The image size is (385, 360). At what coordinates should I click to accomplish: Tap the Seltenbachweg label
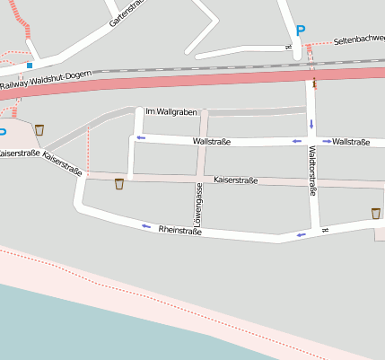[358, 40]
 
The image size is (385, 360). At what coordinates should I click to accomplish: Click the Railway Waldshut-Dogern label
[46, 82]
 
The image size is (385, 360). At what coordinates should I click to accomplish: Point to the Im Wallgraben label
[165, 111]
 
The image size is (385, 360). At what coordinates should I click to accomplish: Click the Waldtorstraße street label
[313, 170]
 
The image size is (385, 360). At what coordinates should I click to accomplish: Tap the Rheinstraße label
[179, 231]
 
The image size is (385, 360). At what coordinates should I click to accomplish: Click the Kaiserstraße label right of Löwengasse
[235, 180]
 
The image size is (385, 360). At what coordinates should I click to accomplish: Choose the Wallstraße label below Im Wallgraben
[212, 141]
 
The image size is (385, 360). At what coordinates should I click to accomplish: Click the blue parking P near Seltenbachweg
[301, 31]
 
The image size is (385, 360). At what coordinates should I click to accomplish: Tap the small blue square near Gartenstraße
[30, 65]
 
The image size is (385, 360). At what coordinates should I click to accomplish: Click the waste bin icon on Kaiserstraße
[118, 184]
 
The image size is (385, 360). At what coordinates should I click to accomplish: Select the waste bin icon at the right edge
[375, 213]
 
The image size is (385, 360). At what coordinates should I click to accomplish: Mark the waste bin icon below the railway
[39, 129]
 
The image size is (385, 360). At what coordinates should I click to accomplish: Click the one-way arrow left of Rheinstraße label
[145, 226]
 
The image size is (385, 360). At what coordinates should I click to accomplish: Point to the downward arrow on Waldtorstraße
[311, 123]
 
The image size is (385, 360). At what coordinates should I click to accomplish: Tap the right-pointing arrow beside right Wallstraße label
[327, 141]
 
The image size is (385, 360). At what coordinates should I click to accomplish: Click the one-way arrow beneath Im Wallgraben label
[141, 137]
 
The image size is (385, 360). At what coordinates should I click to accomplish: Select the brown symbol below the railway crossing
[314, 83]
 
